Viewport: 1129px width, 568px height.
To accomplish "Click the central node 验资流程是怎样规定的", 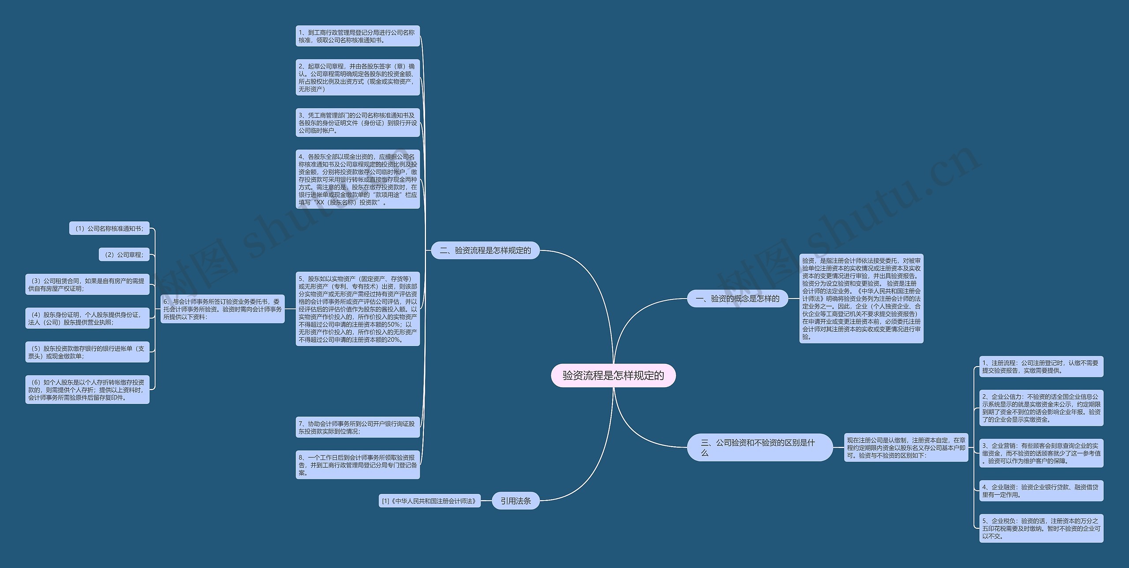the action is pyautogui.click(x=613, y=375).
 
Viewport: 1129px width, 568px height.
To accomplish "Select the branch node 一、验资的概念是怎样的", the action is pyautogui.click(x=737, y=299).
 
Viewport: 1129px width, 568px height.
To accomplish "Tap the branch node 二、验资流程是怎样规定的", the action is pyautogui.click(x=485, y=250).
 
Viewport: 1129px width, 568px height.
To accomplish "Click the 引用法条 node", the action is pyautogui.click(x=516, y=501).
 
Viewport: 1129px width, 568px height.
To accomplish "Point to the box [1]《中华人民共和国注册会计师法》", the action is pyautogui.click(x=429, y=501).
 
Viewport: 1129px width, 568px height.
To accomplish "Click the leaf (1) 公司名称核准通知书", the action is pyautogui.click(x=109, y=228).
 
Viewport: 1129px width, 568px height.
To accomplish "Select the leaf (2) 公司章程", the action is pyautogui.click(x=124, y=254).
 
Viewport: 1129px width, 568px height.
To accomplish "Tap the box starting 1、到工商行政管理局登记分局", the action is pyautogui.click(x=357, y=36).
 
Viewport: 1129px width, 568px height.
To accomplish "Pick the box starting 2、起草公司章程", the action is pyautogui.click(x=357, y=78).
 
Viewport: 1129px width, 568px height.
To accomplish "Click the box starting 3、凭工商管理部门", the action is pyautogui.click(x=357, y=123).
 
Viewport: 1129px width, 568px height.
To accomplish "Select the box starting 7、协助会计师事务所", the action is pyautogui.click(x=357, y=427).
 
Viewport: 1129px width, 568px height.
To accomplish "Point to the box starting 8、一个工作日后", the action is pyautogui.click(x=357, y=465).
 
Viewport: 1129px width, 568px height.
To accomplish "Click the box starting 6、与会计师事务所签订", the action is pyautogui.click(x=222, y=309).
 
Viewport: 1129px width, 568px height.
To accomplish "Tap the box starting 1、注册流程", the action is pyautogui.click(x=1041, y=366).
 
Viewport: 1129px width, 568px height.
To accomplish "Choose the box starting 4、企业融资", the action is pyautogui.click(x=1041, y=491).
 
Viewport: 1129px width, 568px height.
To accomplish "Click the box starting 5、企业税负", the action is pyautogui.click(x=1041, y=528).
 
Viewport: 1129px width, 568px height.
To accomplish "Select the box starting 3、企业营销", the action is pyautogui.click(x=1041, y=453).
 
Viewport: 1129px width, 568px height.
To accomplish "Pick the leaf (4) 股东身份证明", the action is pyautogui.click(x=87, y=318).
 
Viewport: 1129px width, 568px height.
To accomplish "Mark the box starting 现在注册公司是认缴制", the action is pyautogui.click(x=906, y=448).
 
